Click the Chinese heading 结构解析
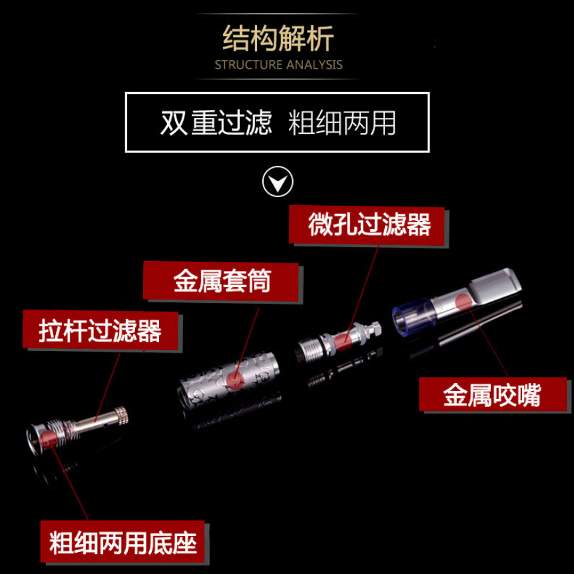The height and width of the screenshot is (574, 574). point(278,39)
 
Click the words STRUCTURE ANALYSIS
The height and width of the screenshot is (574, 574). point(278,65)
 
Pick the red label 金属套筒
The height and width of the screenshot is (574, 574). point(222,280)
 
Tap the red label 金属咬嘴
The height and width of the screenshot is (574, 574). point(492,396)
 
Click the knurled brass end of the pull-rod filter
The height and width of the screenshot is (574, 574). point(121,416)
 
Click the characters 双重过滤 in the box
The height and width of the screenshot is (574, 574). point(216,123)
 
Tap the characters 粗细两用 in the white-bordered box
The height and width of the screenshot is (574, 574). point(342,123)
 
